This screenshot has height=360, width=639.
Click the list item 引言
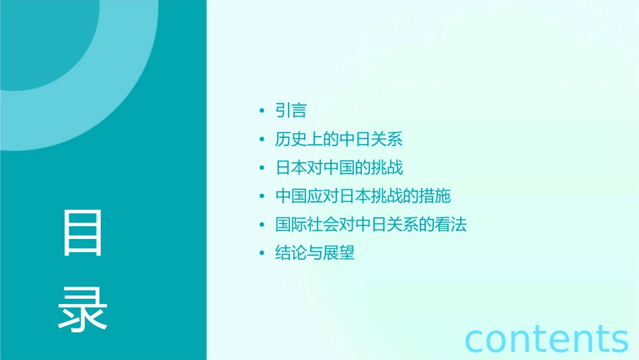pyautogui.click(x=291, y=110)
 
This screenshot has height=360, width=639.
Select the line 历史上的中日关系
pyautogui.click(x=339, y=139)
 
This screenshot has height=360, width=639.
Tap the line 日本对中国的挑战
pyautogui.click(x=339, y=168)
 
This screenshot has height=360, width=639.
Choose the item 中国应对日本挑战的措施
pyautogui.click(x=363, y=196)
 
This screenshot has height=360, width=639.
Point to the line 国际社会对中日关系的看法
pyautogui.click(x=371, y=225)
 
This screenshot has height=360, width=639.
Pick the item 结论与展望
pyautogui.click(x=315, y=253)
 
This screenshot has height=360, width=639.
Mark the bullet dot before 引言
pyautogui.click(x=262, y=111)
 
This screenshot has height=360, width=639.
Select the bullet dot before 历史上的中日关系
pyautogui.click(x=262, y=140)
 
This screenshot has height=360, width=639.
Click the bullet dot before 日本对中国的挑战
pyautogui.click(x=262, y=168)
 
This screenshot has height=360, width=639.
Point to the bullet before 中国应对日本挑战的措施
pyautogui.click(x=262, y=196)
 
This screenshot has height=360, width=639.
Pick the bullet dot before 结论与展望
pyautogui.click(x=262, y=254)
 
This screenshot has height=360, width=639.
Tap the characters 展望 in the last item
pyautogui.click(x=339, y=253)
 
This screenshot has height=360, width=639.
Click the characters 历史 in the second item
pyautogui.click(x=291, y=139)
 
